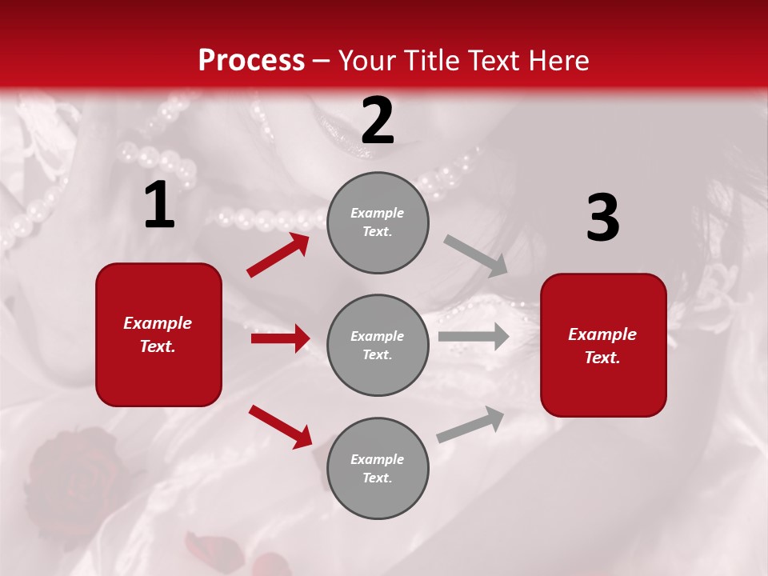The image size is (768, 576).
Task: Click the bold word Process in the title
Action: coord(251,61)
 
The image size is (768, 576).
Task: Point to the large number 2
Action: coord(378,122)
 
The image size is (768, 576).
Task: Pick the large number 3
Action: coord(602,218)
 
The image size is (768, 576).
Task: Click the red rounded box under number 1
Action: coord(158,334)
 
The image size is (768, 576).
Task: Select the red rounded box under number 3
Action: coord(603,345)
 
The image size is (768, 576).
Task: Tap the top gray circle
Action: coord(378,222)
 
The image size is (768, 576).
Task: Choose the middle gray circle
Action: coord(378,345)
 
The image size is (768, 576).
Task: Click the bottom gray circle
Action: coord(378,468)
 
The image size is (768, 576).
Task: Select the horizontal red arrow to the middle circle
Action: coord(280,338)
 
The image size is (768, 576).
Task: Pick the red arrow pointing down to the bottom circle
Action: coord(280,426)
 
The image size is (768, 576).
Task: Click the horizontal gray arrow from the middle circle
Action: coord(474,337)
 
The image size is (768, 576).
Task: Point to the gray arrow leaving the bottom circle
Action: coord(471,425)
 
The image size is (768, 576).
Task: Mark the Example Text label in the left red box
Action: coord(158,334)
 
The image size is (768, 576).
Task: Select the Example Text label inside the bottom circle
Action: coord(377,468)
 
